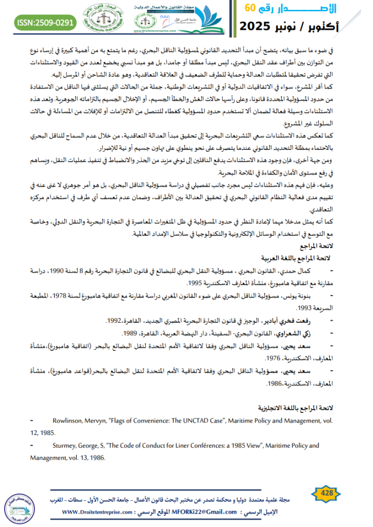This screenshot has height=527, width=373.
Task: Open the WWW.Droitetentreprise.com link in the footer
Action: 104,512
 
